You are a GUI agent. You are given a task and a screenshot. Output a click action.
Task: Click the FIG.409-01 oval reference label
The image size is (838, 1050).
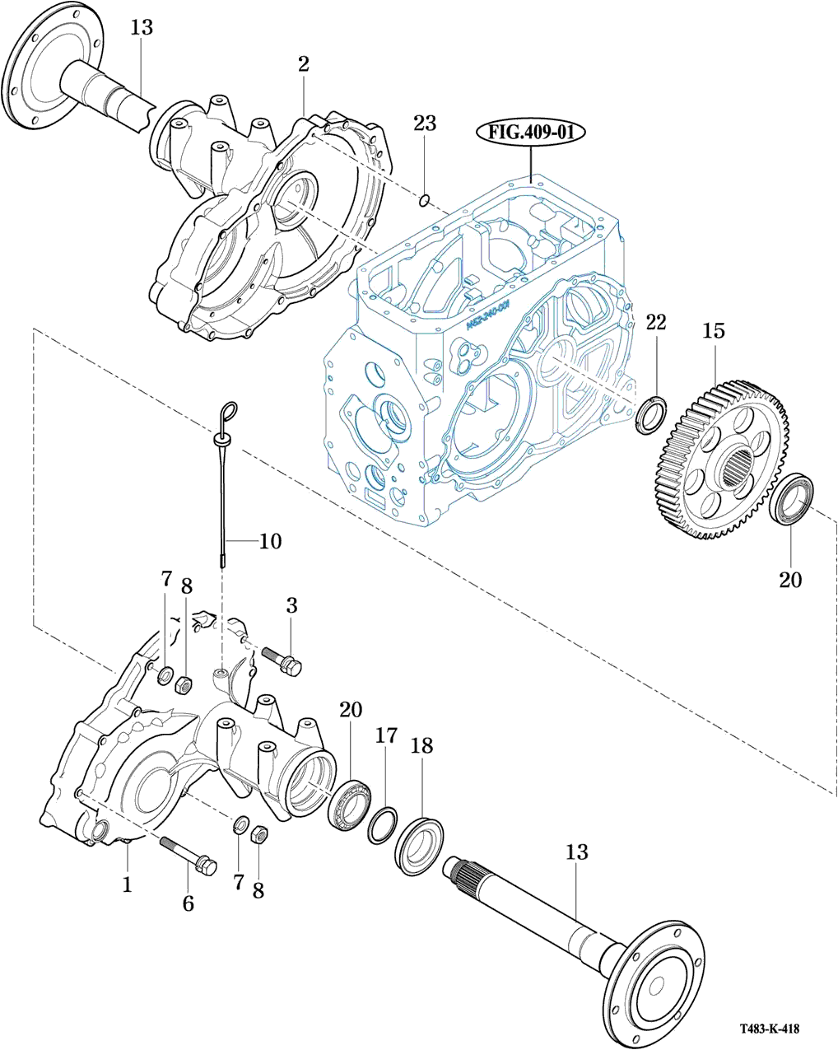click(x=530, y=132)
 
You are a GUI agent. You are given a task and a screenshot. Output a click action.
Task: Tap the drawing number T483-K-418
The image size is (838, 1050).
click(x=769, y=1029)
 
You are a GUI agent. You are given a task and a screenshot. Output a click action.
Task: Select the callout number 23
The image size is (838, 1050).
click(x=425, y=124)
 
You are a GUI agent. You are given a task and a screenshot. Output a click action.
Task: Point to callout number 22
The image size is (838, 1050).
click(x=655, y=322)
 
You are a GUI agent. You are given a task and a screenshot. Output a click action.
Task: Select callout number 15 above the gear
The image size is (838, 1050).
click(x=713, y=331)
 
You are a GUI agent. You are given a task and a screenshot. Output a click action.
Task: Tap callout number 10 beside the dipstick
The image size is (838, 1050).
click(x=270, y=541)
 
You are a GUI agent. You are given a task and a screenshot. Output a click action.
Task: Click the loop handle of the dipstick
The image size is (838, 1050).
click(x=228, y=410)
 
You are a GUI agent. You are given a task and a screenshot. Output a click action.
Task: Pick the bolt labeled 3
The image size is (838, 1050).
click(x=282, y=660)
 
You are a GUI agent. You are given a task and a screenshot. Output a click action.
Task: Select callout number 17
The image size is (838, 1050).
click(x=387, y=735)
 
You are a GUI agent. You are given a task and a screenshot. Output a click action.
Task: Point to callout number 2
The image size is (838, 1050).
click(x=304, y=64)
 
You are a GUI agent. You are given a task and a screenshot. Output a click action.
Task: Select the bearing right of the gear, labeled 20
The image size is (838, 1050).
click(x=793, y=499)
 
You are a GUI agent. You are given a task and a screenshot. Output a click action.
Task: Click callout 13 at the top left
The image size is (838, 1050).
click(x=142, y=27)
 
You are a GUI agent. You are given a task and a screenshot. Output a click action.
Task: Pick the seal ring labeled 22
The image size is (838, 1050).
click(x=652, y=413)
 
